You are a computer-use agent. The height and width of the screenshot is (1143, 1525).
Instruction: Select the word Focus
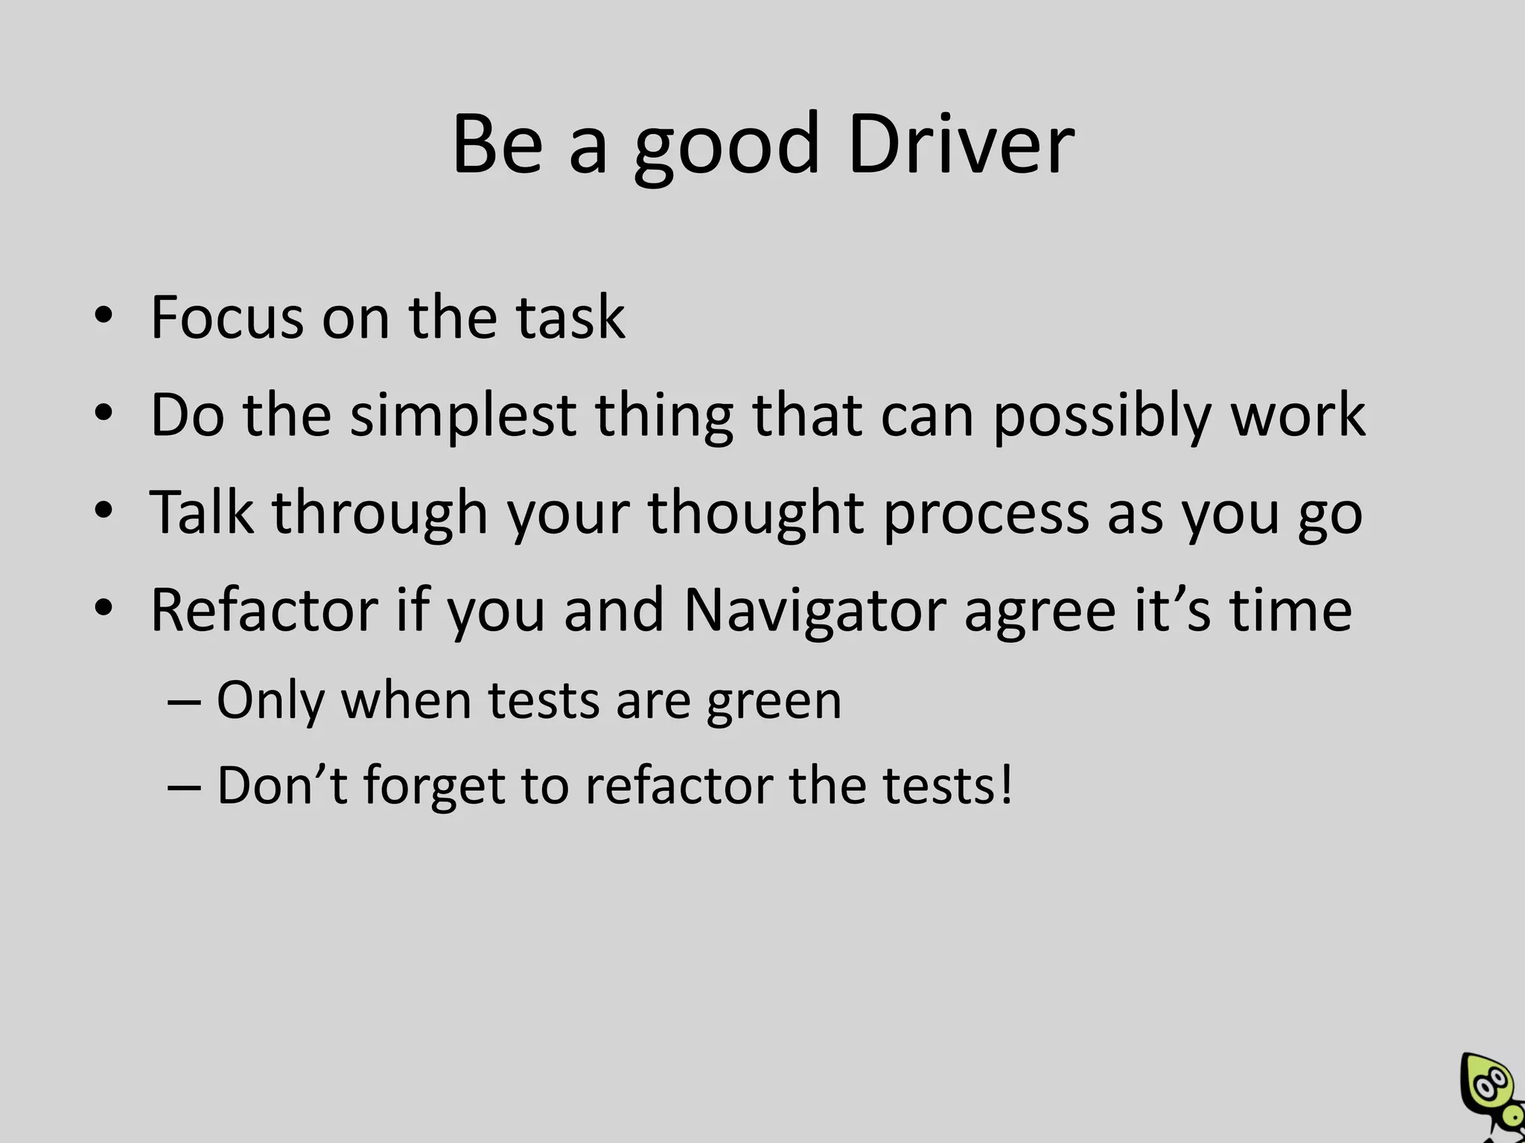226,318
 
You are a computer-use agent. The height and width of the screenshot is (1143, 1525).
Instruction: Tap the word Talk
201,513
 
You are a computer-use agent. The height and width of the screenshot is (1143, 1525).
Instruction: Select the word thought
756,513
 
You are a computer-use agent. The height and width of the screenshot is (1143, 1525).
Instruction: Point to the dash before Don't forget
184,787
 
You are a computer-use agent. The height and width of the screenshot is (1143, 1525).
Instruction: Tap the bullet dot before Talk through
104,511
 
